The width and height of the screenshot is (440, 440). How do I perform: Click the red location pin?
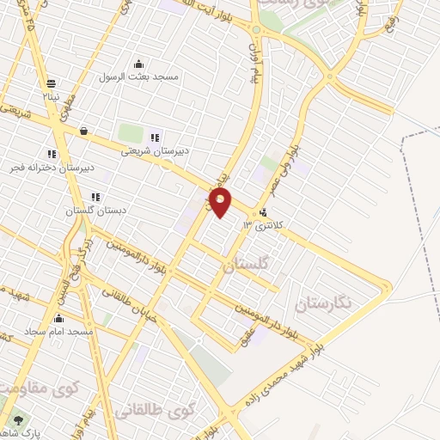221,203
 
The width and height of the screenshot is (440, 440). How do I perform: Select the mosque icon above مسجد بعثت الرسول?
139,63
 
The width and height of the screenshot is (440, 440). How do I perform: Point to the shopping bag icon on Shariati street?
83,131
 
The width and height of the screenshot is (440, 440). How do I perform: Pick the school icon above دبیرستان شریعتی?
155,137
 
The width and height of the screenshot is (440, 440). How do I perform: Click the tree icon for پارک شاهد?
18,420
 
